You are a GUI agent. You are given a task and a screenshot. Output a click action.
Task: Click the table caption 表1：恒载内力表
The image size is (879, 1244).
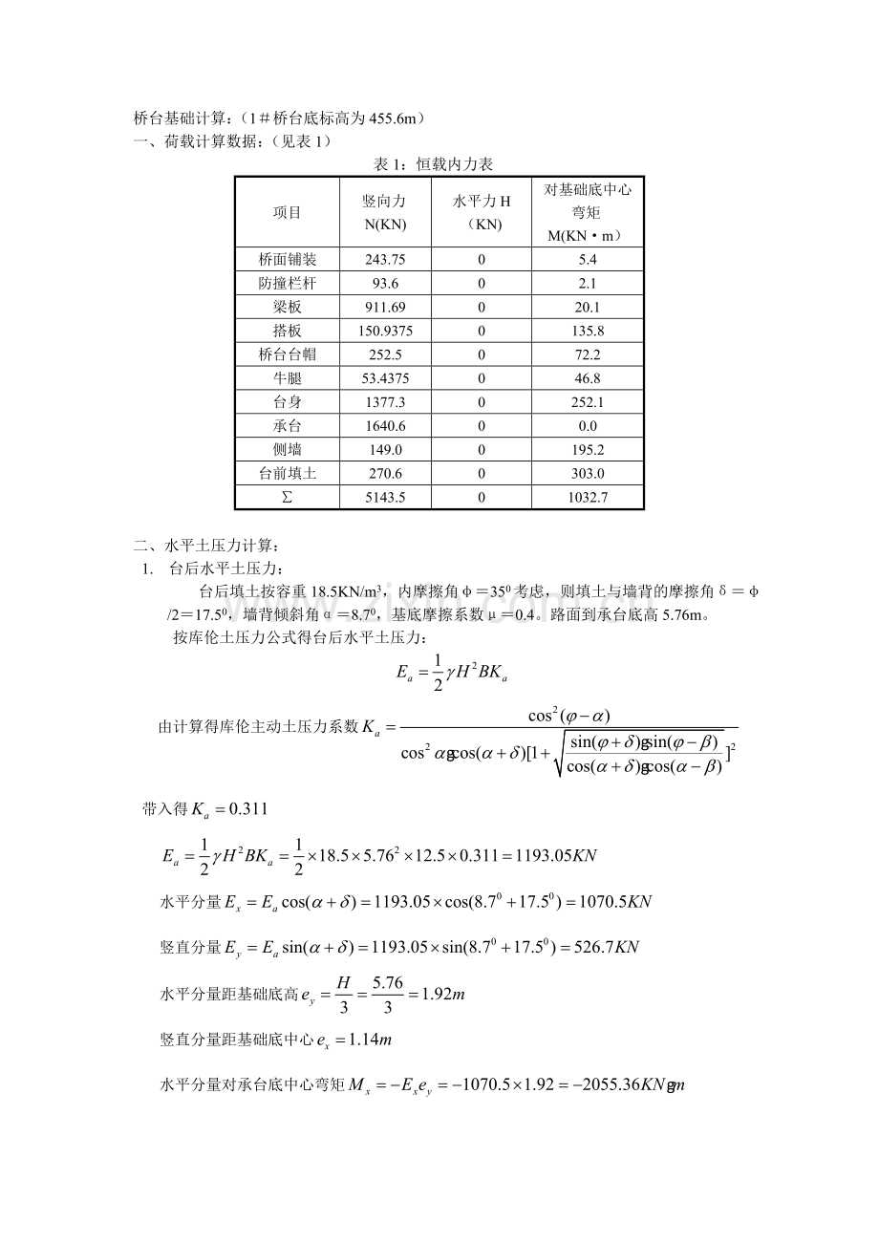click(x=432, y=165)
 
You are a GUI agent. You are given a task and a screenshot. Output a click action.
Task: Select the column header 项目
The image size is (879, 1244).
click(x=287, y=213)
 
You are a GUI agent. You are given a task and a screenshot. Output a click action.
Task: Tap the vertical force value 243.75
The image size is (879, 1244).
click(x=385, y=259)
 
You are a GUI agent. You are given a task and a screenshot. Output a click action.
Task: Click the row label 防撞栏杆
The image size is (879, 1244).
click(x=287, y=283)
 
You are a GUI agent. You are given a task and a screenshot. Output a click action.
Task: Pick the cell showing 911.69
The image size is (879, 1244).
click(x=385, y=307)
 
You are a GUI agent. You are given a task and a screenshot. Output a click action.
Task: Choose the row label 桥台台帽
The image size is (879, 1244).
click(x=287, y=354)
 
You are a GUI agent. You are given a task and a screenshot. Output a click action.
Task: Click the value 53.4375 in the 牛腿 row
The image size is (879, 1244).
click(x=385, y=378)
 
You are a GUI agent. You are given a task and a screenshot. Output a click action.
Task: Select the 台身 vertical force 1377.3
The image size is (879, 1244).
click(x=385, y=402)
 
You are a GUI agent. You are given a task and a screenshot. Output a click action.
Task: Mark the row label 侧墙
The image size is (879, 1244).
click(x=287, y=450)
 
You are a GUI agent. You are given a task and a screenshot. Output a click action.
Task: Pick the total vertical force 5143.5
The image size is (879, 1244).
click(x=385, y=498)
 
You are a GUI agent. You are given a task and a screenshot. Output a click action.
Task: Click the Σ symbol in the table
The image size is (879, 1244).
click(x=287, y=498)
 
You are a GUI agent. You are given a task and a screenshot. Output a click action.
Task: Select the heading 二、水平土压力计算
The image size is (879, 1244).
click(x=207, y=547)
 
